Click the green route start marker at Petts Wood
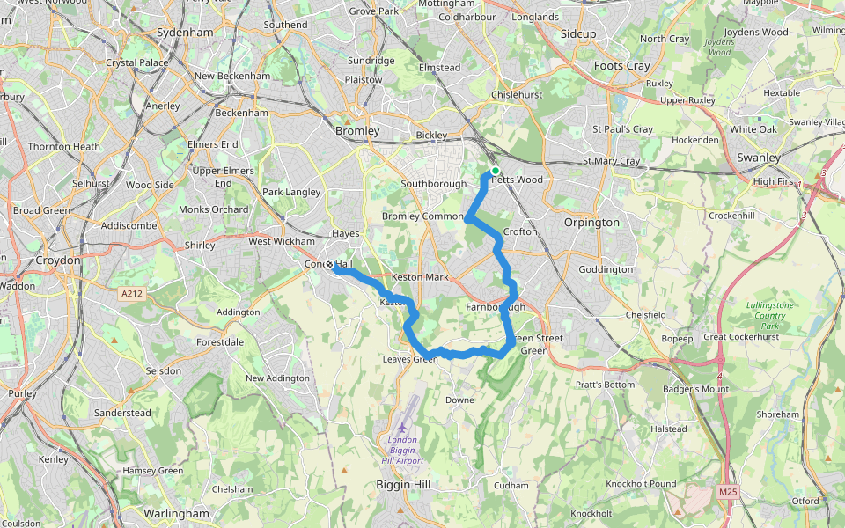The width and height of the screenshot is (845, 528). tap(496, 171)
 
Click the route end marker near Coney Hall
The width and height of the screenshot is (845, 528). tap(330, 265)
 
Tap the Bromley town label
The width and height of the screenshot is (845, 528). tap(357, 131)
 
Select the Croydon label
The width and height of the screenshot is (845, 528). tap(58, 260)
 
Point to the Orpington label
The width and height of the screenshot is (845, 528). tap(591, 223)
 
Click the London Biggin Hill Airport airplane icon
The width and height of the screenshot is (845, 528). tap(402, 428)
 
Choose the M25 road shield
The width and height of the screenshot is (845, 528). tap(726, 490)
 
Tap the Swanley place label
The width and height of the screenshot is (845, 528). tap(759, 158)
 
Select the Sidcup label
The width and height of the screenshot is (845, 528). tap(578, 33)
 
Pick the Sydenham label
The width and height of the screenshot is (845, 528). tap(184, 33)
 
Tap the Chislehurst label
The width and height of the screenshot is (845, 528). tap(517, 94)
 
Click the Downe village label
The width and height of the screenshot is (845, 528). tap(459, 400)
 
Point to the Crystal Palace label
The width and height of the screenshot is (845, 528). tap(136, 63)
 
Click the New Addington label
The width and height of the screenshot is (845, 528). tap(277, 378)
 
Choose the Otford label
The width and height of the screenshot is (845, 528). tap(805, 502)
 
